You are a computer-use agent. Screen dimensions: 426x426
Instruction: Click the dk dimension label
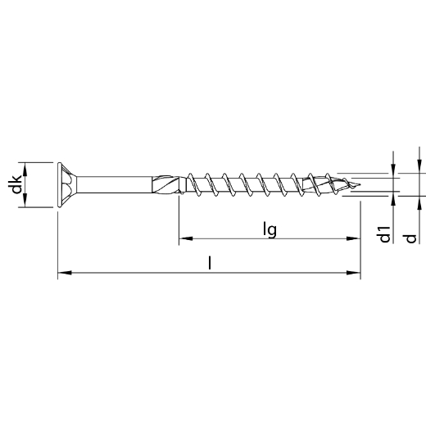[x=16, y=186]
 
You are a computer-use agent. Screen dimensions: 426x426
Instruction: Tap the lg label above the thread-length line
[x=268, y=230]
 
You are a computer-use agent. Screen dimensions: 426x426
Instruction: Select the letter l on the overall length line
[x=211, y=263]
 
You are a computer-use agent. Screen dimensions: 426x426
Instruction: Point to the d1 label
[x=383, y=236]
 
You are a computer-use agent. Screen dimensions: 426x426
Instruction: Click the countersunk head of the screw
[x=70, y=186]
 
